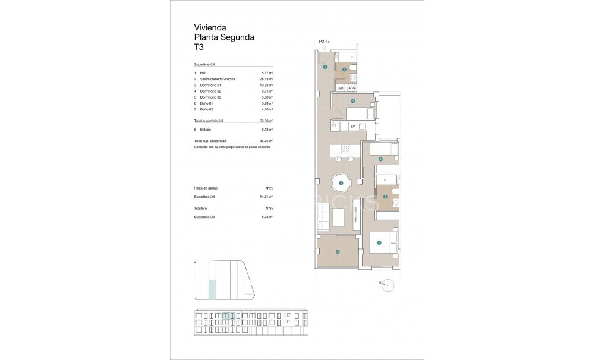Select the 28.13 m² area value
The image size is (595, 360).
click(266, 79)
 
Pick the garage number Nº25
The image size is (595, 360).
click(269, 187)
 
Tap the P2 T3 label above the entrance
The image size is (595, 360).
click(325, 41)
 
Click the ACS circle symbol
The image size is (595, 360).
click(351, 88)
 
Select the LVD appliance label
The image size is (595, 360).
click(341, 88)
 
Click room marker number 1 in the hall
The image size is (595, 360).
click(325, 68)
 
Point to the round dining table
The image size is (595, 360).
click(341, 182)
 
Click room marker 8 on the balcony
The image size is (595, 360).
click(338, 251)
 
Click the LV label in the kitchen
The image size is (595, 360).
click(352, 126)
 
